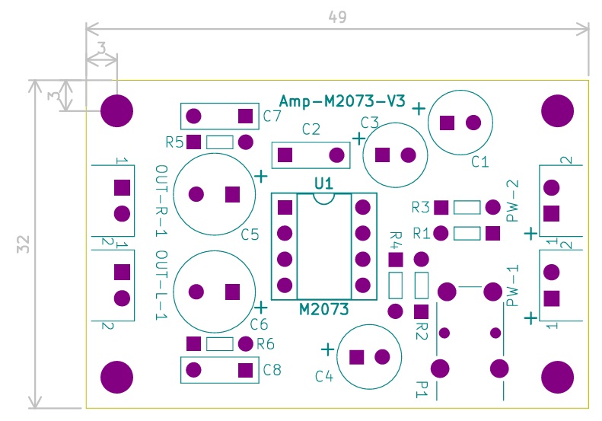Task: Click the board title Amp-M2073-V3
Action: (x=342, y=101)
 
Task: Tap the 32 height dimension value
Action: (x=23, y=244)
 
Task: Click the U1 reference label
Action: (x=323, y=183)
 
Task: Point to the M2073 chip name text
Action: (x=323, y=310)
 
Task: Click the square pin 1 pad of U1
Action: (x=285, y=207)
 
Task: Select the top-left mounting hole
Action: (x=117, y=110)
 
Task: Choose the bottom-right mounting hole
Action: (x=557, y=376)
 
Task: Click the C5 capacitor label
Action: (x=250, y=234)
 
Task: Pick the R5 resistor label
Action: (x=174, y=142)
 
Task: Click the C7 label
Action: (x=272, y=116)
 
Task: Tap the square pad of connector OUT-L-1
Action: (x=122, y=271)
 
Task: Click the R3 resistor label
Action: (x=421, y=207)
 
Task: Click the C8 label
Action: (x=272, y=371)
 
